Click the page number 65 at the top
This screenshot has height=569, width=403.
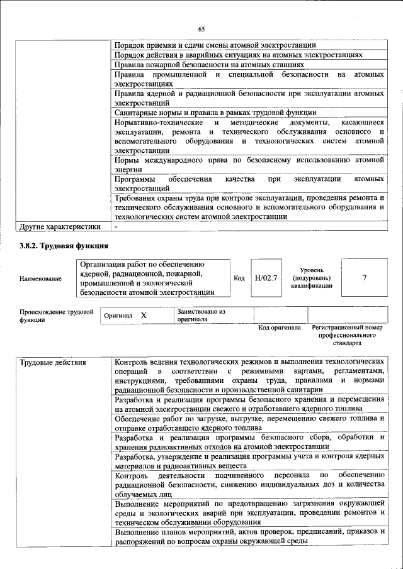pyautogui.click(x=201, y=29)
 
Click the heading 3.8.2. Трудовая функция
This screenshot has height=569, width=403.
pyautogui.click(x=64, y=246)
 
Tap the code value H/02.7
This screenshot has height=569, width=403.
pyautogui.click(x=266, y=277)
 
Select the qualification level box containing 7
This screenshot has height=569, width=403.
pyautogui.click(x=364, y=277)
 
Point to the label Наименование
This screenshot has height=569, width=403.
pyautogui.click(x=41, y=279)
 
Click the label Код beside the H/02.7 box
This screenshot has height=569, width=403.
pyautogui.click(x=239, y=277)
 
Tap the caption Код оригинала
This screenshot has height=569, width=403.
pyautogui.click(x=280, y=328)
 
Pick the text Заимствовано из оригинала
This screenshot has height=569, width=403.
pyautogui.click(x=201, y=315)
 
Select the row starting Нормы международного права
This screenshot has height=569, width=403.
pyautogui.click(x=249, y=165)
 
